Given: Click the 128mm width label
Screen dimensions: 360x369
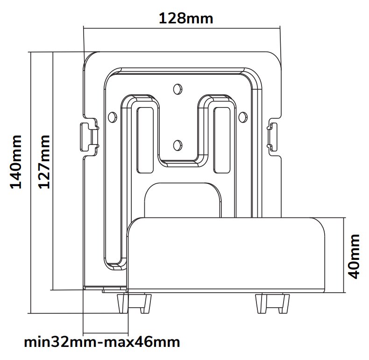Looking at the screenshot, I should point(186,18).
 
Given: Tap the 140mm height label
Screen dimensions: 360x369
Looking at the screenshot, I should point(17,162).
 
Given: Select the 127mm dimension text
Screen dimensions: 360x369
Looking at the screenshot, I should point(43,162).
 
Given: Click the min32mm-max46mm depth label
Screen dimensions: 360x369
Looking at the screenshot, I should point(102,342).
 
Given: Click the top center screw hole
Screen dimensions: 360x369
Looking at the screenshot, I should point(177,88).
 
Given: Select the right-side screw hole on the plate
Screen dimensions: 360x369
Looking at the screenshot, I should point(242,116).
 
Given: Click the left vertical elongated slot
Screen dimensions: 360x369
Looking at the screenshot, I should point(145,140).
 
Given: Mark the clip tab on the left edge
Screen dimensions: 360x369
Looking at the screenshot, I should point(87,137).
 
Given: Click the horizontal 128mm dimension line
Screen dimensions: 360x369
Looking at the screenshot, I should point(182,28).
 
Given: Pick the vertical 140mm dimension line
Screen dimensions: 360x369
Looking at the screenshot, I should point(30,182).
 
